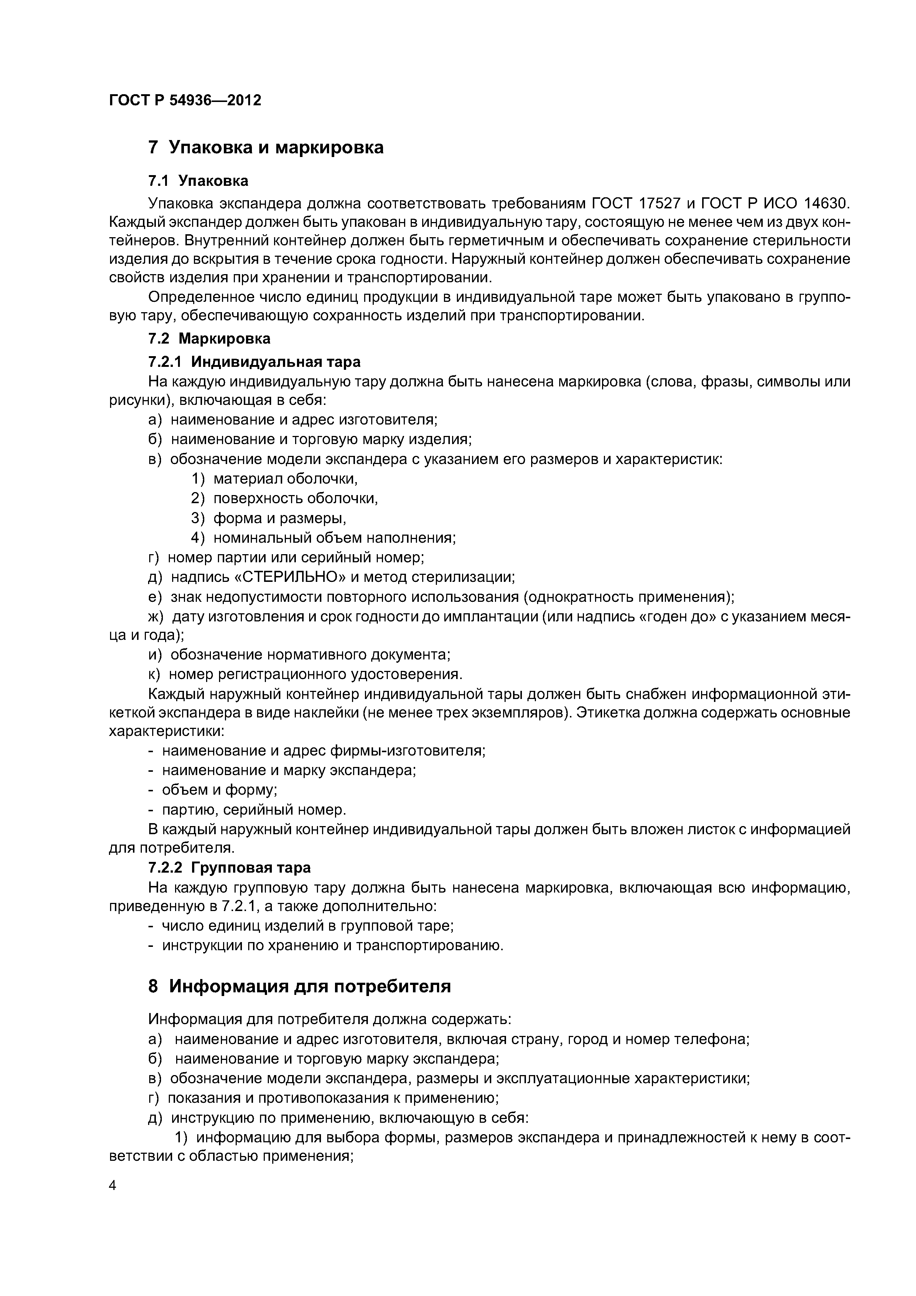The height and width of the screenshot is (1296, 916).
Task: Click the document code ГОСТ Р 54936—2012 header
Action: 185,100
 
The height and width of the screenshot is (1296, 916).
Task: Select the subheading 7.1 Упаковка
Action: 198,181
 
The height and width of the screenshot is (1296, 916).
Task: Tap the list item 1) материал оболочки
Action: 275,479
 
